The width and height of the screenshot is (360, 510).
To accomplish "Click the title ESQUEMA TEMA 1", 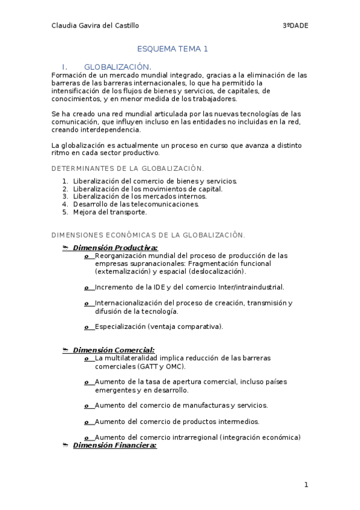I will (x=172, y=49).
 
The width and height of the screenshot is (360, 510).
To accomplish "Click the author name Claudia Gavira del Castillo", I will (x=96, y=25).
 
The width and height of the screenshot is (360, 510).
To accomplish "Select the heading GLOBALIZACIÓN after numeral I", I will (x=117, y=66).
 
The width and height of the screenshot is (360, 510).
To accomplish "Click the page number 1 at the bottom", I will (x=305, y=485).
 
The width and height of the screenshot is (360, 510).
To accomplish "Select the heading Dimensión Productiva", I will (x=115, y=248).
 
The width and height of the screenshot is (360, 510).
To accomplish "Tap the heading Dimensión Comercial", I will (x=113, y=349).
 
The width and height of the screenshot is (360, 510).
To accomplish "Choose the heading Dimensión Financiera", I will (x=114, y=445).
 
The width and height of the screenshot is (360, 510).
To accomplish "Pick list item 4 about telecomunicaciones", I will (x=135, y=204).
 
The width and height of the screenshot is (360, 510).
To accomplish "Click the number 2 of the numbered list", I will (x=64, y=188).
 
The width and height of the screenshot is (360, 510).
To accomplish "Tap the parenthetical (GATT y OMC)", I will (x=162, y=366).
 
